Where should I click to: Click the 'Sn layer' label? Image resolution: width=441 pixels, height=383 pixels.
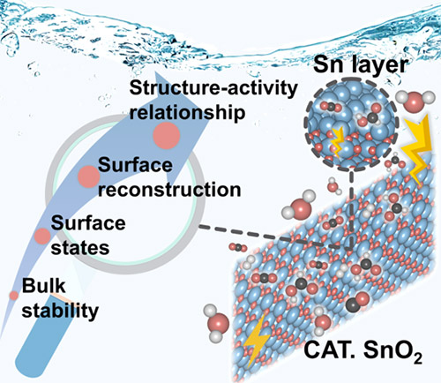[361, 65]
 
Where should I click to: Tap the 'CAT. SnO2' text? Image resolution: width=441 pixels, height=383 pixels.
[363, 351]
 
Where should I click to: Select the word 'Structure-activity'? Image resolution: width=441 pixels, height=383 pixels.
[213, 88]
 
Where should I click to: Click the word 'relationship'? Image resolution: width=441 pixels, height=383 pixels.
[187, 112]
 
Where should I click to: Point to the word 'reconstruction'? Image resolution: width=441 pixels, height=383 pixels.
[169, 190]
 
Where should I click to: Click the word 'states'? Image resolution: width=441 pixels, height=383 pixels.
[80, 248]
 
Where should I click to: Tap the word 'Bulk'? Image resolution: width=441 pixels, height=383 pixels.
[44, 285]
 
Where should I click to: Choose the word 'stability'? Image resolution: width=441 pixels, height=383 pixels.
[60, 311]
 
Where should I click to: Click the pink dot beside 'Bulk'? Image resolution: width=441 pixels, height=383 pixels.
[13, 296]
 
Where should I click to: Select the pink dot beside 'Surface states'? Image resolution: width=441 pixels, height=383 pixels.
[42, 237]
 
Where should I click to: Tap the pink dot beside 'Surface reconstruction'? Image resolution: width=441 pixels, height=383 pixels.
[88, 176]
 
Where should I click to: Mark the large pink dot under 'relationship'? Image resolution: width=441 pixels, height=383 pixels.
[167, 136]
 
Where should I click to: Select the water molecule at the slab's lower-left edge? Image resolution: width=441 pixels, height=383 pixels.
[217, 323]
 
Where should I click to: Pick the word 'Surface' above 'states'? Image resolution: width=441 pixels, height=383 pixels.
[88, 223]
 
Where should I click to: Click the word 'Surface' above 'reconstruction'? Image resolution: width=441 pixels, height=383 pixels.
[135, 165]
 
